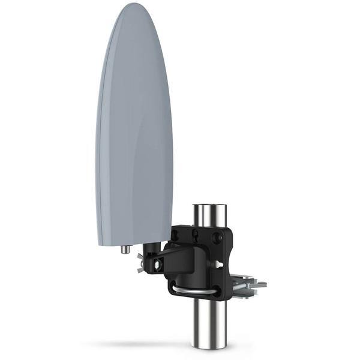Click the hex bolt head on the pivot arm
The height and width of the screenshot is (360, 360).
coord(157,264)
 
